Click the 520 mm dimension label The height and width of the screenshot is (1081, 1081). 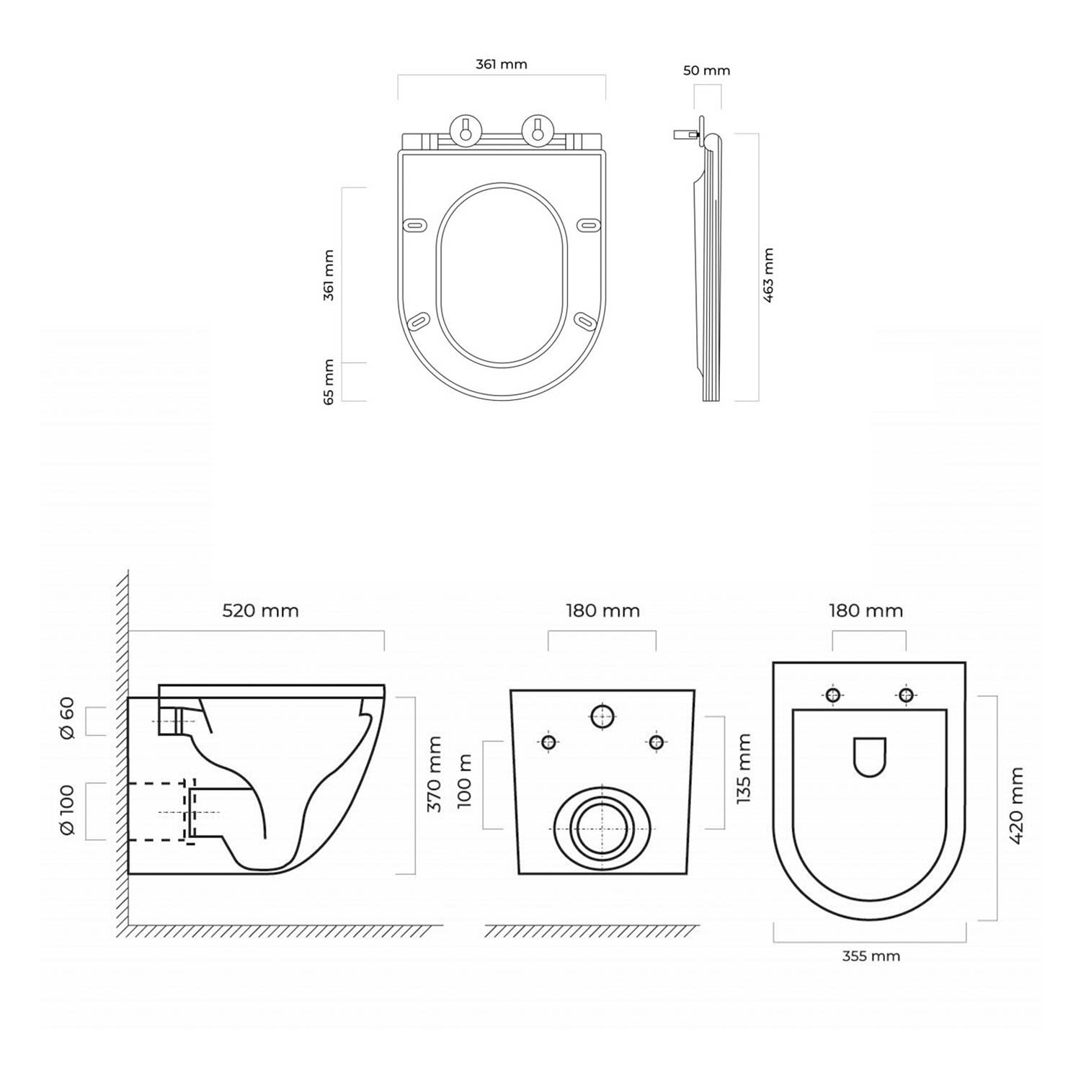click(x=260, y=610)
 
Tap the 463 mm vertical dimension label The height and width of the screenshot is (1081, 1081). click(x=768, y=275)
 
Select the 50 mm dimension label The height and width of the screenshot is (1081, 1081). click(x=707, y=71)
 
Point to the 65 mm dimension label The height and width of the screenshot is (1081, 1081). click(x=329, y=381)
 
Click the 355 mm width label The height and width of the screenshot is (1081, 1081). click(x=871, y=956)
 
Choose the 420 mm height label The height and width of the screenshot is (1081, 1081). click(x=1016, y=806)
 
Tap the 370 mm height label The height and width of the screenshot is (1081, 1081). click(x=434, y=773)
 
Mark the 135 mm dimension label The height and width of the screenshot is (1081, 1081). click(x=744, y=768)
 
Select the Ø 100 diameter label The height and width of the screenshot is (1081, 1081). click(x=67, y=811)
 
